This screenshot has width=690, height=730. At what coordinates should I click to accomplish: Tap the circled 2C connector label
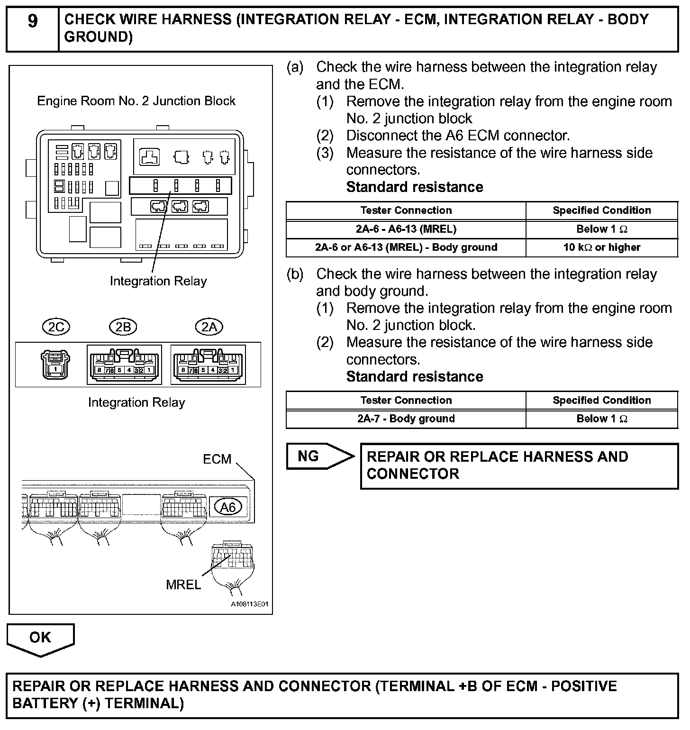56,327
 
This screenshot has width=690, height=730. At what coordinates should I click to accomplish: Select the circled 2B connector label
123,327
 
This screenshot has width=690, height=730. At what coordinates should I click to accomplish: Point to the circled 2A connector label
209,327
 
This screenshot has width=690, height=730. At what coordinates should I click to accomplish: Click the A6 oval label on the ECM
228,507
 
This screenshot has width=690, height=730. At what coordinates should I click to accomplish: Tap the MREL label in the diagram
183,585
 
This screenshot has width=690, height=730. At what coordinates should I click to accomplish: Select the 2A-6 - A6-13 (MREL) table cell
406,229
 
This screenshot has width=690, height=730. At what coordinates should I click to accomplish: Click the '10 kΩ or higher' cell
601,247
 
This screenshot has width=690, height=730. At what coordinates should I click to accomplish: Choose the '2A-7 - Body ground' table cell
406,419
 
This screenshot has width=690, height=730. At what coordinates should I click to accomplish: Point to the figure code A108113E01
249,604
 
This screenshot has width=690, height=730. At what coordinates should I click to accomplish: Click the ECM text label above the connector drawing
217,459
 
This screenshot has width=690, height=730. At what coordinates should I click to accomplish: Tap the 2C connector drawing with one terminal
55,364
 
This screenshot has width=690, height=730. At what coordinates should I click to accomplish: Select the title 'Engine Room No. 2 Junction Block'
136,101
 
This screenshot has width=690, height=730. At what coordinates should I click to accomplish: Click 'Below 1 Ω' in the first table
601,229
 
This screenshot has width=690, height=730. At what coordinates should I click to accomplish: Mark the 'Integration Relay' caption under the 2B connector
136,402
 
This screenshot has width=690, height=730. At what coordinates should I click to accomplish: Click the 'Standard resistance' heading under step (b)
415,377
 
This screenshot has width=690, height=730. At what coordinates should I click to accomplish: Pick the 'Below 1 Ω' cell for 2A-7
601,419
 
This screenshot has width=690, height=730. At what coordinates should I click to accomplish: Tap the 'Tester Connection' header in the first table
406,210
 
